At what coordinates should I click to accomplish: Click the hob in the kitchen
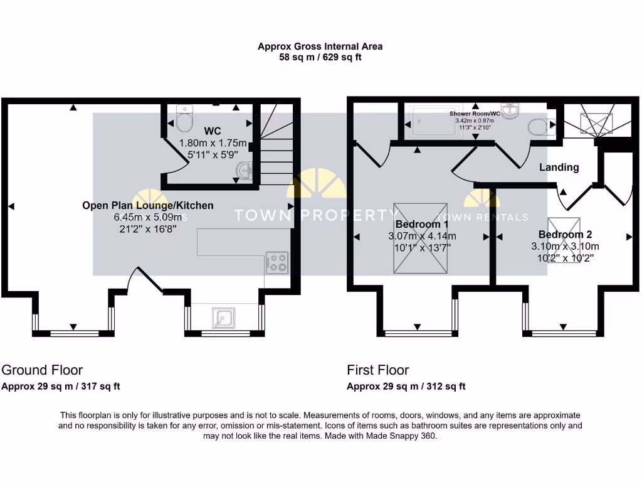pyautogui.click(x=277, y=262)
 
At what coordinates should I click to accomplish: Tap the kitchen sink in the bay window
pyautogui.click(x=223, y=318)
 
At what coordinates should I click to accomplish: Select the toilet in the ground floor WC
pyautogui.click(x=184, y=119)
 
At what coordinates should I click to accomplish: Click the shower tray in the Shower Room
pyautogui.click(x=433, y=122)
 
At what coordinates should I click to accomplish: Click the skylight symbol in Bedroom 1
pyautogui.click(x=420, y=238)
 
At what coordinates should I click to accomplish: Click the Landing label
pyautogui.click(x=559, y=167)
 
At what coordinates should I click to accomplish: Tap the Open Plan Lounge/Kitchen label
pyautogui.click(x=148, y=205)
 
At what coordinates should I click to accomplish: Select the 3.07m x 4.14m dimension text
pyautogui.click(x=421, y=236)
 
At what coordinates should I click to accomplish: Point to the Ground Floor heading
pyautogui.click(x=42, y=370)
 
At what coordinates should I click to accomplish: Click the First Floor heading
pyautogui.click(x=378, y=370)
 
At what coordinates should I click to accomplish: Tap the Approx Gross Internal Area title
pyautogui.click(x=320, y=46)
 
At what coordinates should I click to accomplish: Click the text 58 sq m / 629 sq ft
pyautogui.click(x=320, y=57)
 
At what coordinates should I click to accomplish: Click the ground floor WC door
pyautogui.click(x=176, y=154)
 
